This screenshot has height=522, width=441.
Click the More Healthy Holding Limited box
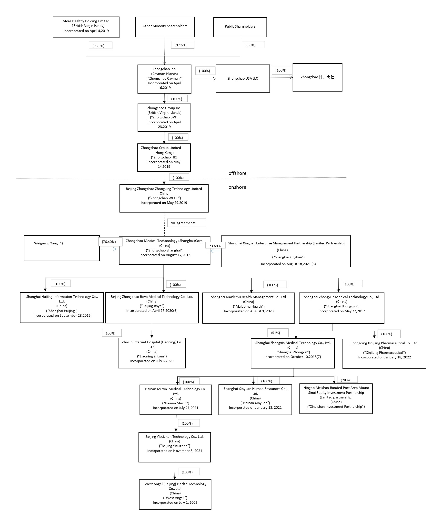(86, 27)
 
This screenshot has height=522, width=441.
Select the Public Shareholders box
(240, 27)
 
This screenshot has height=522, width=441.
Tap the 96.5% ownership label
(100, 46)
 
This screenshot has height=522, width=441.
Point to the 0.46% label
(182, 45)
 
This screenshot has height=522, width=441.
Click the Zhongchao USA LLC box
(242, 78)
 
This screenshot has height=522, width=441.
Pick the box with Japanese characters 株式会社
(317, 77)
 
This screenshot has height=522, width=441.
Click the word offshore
(237, 173)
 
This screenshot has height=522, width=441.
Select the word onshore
(237, 187)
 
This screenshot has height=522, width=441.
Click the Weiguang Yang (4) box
(61, 248)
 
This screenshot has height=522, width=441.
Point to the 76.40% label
(110, 242)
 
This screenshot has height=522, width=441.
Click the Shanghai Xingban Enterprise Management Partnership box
(286, 251)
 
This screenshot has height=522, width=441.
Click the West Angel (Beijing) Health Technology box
(175, 494)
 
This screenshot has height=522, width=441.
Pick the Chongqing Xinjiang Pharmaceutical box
(384, 354)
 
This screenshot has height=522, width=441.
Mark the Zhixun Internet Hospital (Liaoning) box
(152, 353)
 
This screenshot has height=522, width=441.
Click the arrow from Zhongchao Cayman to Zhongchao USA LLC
(203, 79)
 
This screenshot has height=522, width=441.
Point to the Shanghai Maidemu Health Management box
(248, 308)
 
